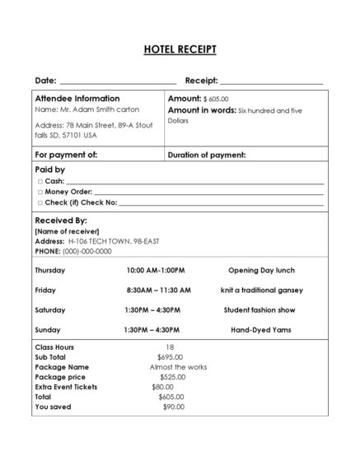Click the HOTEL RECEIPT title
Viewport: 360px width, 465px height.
180,50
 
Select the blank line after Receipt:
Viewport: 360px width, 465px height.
271,81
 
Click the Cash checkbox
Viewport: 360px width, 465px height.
40,181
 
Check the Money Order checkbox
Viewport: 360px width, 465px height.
40,192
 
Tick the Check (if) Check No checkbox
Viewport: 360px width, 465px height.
40,202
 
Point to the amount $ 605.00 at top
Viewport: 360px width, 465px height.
216,99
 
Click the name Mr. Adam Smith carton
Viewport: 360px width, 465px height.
87,109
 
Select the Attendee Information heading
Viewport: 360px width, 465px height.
77,98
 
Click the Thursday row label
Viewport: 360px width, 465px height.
50,270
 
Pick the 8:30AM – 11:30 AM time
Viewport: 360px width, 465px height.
158,290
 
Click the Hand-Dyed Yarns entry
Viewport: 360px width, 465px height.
260,330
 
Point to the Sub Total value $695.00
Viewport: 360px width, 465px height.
171,357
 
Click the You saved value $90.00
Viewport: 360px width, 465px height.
173,407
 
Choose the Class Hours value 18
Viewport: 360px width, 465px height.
170,347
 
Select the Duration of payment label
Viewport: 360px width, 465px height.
207,155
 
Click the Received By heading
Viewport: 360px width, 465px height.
60,221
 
